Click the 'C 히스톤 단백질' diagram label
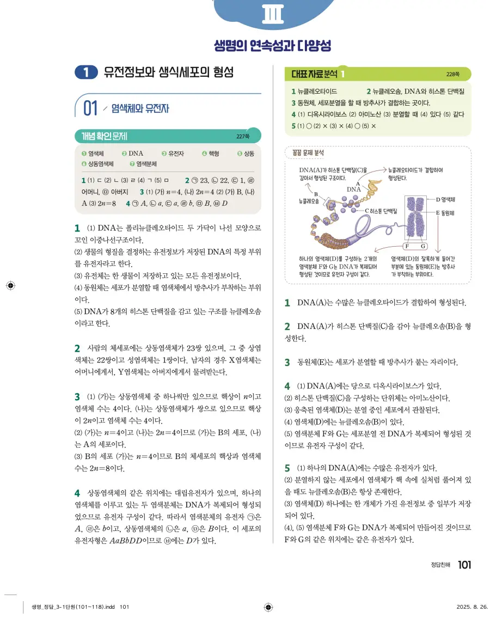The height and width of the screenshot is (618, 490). (x=383, y=210)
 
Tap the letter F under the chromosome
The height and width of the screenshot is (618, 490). (x=408, y=247)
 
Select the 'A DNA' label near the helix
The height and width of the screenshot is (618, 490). (x=354, y=187)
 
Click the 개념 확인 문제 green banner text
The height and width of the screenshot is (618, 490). (x=105, y=136)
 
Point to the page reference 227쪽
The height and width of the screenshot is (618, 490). (x=242, y=136)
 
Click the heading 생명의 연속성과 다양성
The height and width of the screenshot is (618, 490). (x=272, y=46)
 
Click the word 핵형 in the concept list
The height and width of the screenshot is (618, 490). (x=213, y=154)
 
